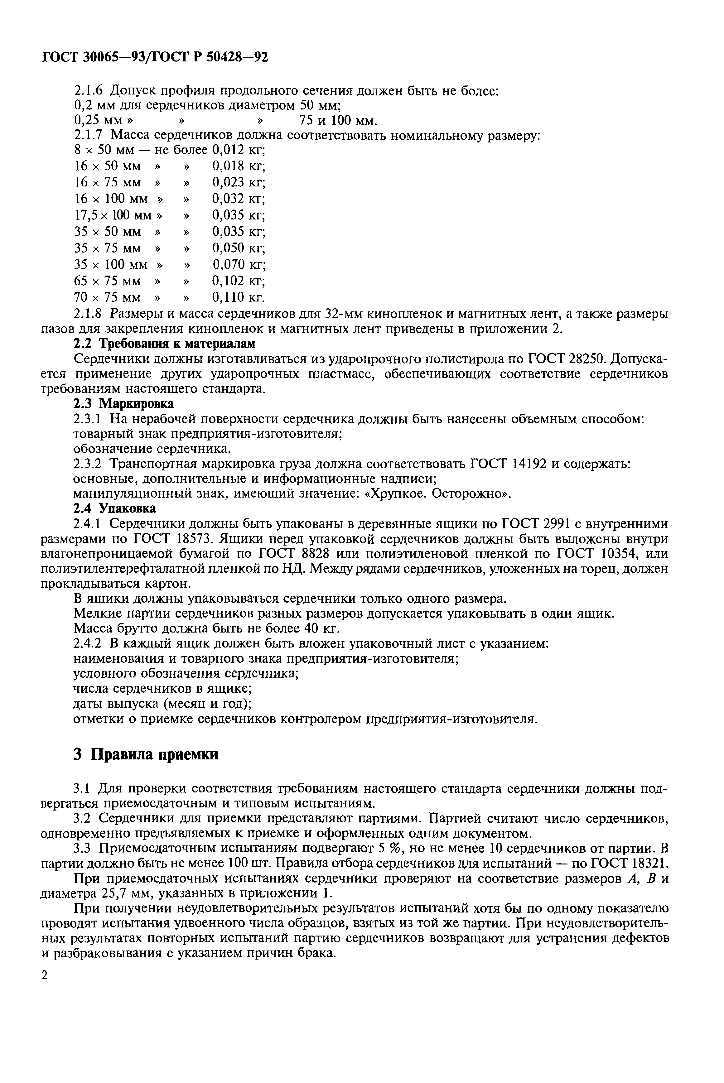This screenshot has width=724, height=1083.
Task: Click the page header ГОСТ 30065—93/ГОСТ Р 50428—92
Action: pos(155,56)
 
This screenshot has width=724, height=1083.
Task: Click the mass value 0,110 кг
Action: pos(238,297)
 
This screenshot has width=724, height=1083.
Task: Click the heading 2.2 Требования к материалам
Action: pos(164,344)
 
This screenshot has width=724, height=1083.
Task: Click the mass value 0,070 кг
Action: pos(239,265)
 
